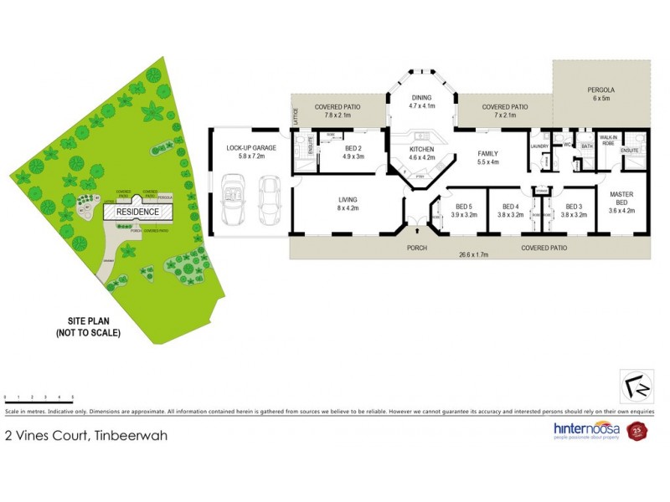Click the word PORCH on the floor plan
(416, 248)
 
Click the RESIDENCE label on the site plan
(137, 213)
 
